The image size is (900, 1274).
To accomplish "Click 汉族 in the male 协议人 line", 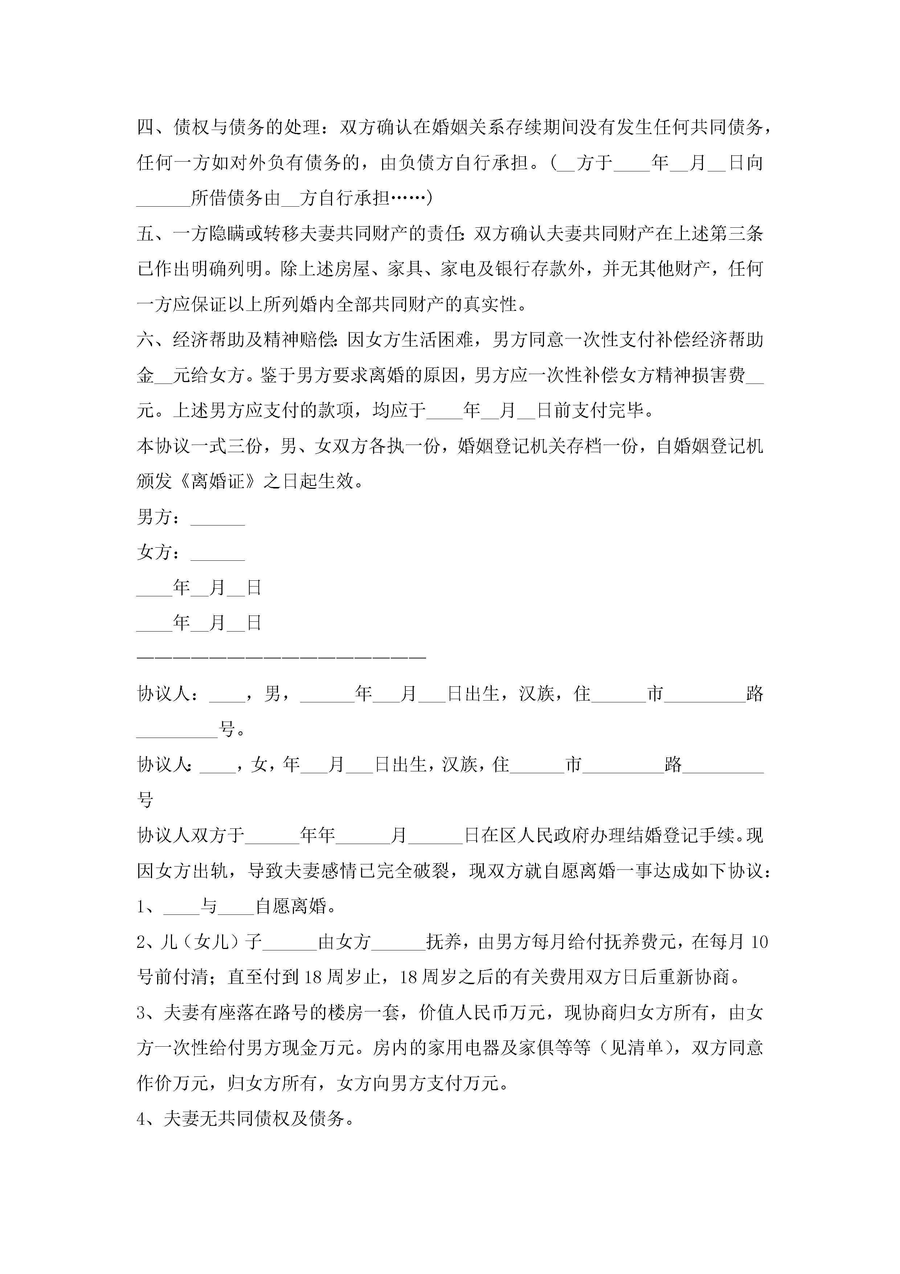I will pos(537,694).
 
